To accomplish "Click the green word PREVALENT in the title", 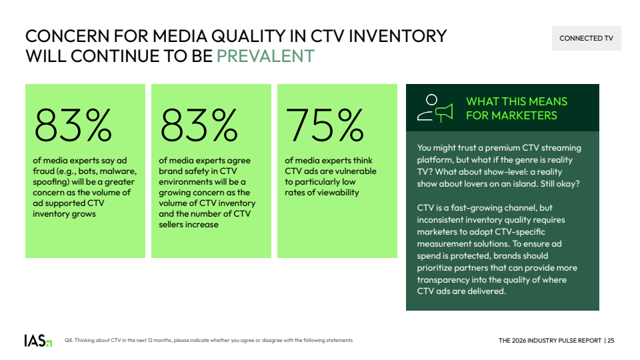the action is coord(265,56).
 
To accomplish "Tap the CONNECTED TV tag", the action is coord(586,39).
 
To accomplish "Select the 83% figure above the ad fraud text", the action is coord(73,125).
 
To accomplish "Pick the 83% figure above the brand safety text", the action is coord(199,125).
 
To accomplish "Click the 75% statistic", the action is coord(325,125).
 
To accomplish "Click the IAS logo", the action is coord(38,341).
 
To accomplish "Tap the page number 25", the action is coord(611,341).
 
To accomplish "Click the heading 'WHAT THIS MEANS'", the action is coord(517,101).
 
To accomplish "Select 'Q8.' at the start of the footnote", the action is coord(69,341).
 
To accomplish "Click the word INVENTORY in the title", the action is coord(397,36).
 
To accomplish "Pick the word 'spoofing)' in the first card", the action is coord(51,182).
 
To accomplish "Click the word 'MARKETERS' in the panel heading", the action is coord(524,115).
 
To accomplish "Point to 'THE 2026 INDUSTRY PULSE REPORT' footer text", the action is coord(550,341).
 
